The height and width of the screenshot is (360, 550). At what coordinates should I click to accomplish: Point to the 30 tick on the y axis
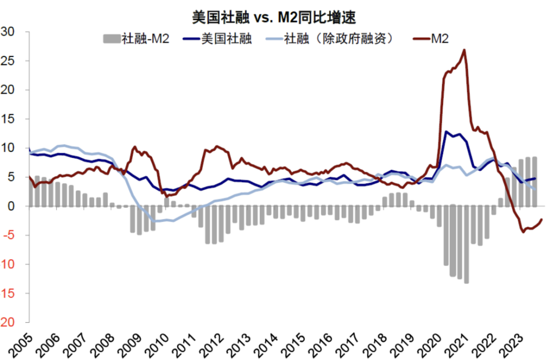pos(10,32)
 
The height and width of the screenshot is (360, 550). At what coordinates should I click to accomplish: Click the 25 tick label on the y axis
pos(10,61)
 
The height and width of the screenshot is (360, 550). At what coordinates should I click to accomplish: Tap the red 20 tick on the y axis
pos(10,323)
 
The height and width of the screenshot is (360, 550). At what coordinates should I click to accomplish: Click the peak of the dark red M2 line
pos(463,50)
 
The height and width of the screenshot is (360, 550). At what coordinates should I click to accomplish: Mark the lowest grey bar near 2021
pos(466,282)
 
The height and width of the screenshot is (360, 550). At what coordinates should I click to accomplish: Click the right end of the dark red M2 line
pos(541,219)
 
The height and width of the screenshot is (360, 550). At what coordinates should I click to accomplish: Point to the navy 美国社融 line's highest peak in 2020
pos(446,131)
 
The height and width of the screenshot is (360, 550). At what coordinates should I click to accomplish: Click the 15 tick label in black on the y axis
pos(10,119)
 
